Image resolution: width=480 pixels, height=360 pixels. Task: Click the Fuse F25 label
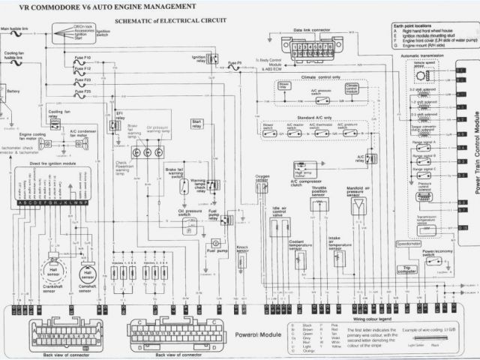tap(83, 91)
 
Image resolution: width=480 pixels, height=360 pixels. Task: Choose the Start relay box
tap(197, 122)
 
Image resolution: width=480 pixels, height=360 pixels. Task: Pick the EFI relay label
tap(119, 112)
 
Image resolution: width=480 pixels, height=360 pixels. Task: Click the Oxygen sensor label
tap(262, 178)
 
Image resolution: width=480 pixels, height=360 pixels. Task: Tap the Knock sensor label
tap(242, 248)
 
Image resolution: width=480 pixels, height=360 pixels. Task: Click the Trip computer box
tap(408, 268)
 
